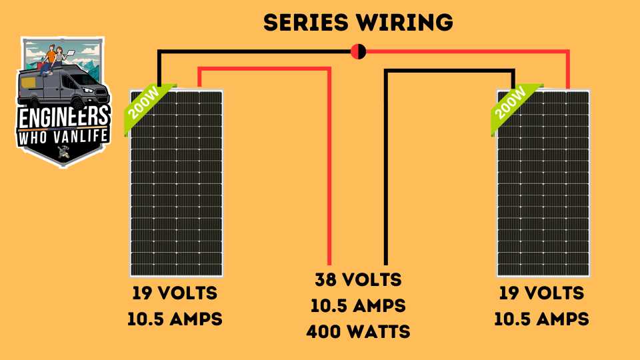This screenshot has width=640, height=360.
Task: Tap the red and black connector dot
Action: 359,51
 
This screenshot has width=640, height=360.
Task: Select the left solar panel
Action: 176,183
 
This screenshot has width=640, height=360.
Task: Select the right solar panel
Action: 543,183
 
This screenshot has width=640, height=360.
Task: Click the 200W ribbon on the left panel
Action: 146,105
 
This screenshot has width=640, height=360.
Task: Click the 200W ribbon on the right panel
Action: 513,105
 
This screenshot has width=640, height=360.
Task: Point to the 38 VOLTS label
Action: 358,280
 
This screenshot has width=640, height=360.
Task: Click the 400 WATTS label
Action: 358,332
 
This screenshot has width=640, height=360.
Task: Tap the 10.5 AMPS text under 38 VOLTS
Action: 358,306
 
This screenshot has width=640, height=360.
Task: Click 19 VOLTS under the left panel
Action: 175,293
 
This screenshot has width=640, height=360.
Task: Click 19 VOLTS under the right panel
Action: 541,293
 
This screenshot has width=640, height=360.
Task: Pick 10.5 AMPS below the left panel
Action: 175,319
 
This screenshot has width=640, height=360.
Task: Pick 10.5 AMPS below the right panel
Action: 541,319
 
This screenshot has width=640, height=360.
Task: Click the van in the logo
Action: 63,87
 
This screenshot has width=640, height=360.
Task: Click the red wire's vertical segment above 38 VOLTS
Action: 329,168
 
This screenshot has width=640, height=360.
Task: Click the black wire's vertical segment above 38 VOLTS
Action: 386,168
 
